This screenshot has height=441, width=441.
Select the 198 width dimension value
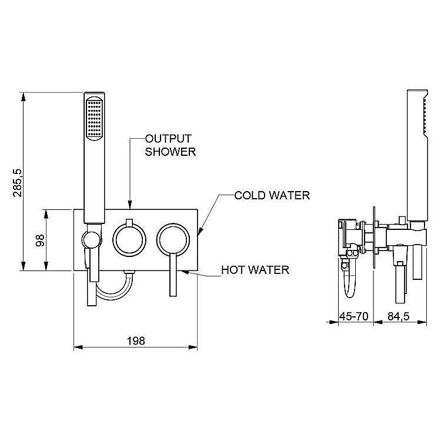(x=135, y=340)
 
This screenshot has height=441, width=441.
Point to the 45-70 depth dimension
(x=354, y=316)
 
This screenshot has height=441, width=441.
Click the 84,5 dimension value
(x=398, y=316)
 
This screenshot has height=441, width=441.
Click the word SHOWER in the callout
(x=171, y=151)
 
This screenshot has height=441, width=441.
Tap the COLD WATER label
(x=272, y=195)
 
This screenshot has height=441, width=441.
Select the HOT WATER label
(x=255, y=270)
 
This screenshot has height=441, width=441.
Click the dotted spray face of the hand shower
(x=94, y=118)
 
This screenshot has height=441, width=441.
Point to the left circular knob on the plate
(x=128, y=238)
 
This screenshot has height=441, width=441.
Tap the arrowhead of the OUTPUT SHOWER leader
(x=129, y=208)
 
